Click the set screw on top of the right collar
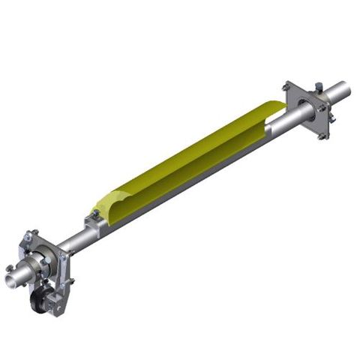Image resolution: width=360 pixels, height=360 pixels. coord(319,88)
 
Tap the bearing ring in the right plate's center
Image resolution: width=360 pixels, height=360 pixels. coord(304,105)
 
